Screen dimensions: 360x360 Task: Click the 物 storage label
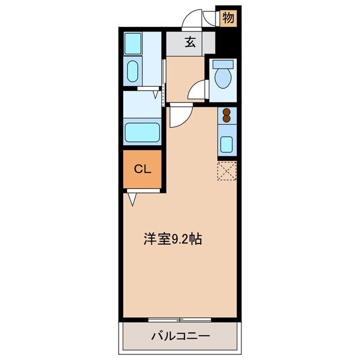(228, 17)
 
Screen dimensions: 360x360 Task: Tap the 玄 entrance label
(191, 42)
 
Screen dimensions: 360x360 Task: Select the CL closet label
(142, 169)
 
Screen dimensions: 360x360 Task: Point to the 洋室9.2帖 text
(172, 238)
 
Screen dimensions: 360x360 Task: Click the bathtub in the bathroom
(143, 133)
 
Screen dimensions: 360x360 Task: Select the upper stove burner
(227, 111)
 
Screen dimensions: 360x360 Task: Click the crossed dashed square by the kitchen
(227, 172)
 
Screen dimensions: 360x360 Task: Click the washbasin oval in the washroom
(133, 71)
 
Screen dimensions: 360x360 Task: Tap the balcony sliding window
(180, 319)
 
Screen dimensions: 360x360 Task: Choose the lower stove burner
(227, 119)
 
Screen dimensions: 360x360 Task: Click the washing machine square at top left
(133, 43)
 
